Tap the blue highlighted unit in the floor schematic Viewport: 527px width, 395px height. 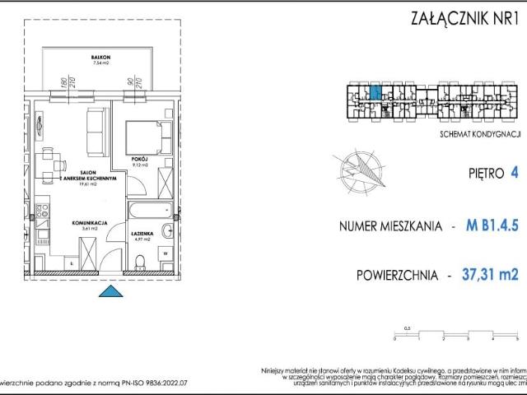[375, 93]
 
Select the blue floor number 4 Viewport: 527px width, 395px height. [514, 173]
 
